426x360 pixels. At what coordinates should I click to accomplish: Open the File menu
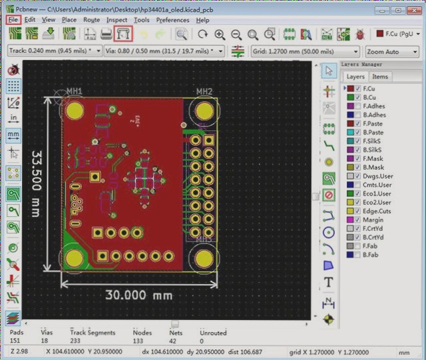click(13, 20)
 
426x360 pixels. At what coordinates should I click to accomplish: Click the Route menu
click(91, 20)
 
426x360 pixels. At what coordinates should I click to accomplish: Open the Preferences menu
click(172, 20)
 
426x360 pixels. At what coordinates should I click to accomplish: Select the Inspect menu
click(116, 20)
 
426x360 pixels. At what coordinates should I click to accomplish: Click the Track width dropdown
click(55, 51)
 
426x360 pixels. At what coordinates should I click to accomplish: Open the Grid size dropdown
click(306, 51)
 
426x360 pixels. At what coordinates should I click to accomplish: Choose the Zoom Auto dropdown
click(391, 51)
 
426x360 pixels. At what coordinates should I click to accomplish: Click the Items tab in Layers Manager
click(380, 77)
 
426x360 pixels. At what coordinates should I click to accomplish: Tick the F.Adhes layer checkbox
click(357, 106)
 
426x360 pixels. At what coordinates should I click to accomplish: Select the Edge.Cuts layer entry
click(376, 211)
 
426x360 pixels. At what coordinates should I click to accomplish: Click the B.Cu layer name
click(370, 97)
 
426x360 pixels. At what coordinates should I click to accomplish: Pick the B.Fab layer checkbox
click(357, 254)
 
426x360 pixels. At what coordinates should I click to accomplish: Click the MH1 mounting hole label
click(74, 91)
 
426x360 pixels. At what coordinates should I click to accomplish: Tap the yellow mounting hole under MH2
click(204, 110)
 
